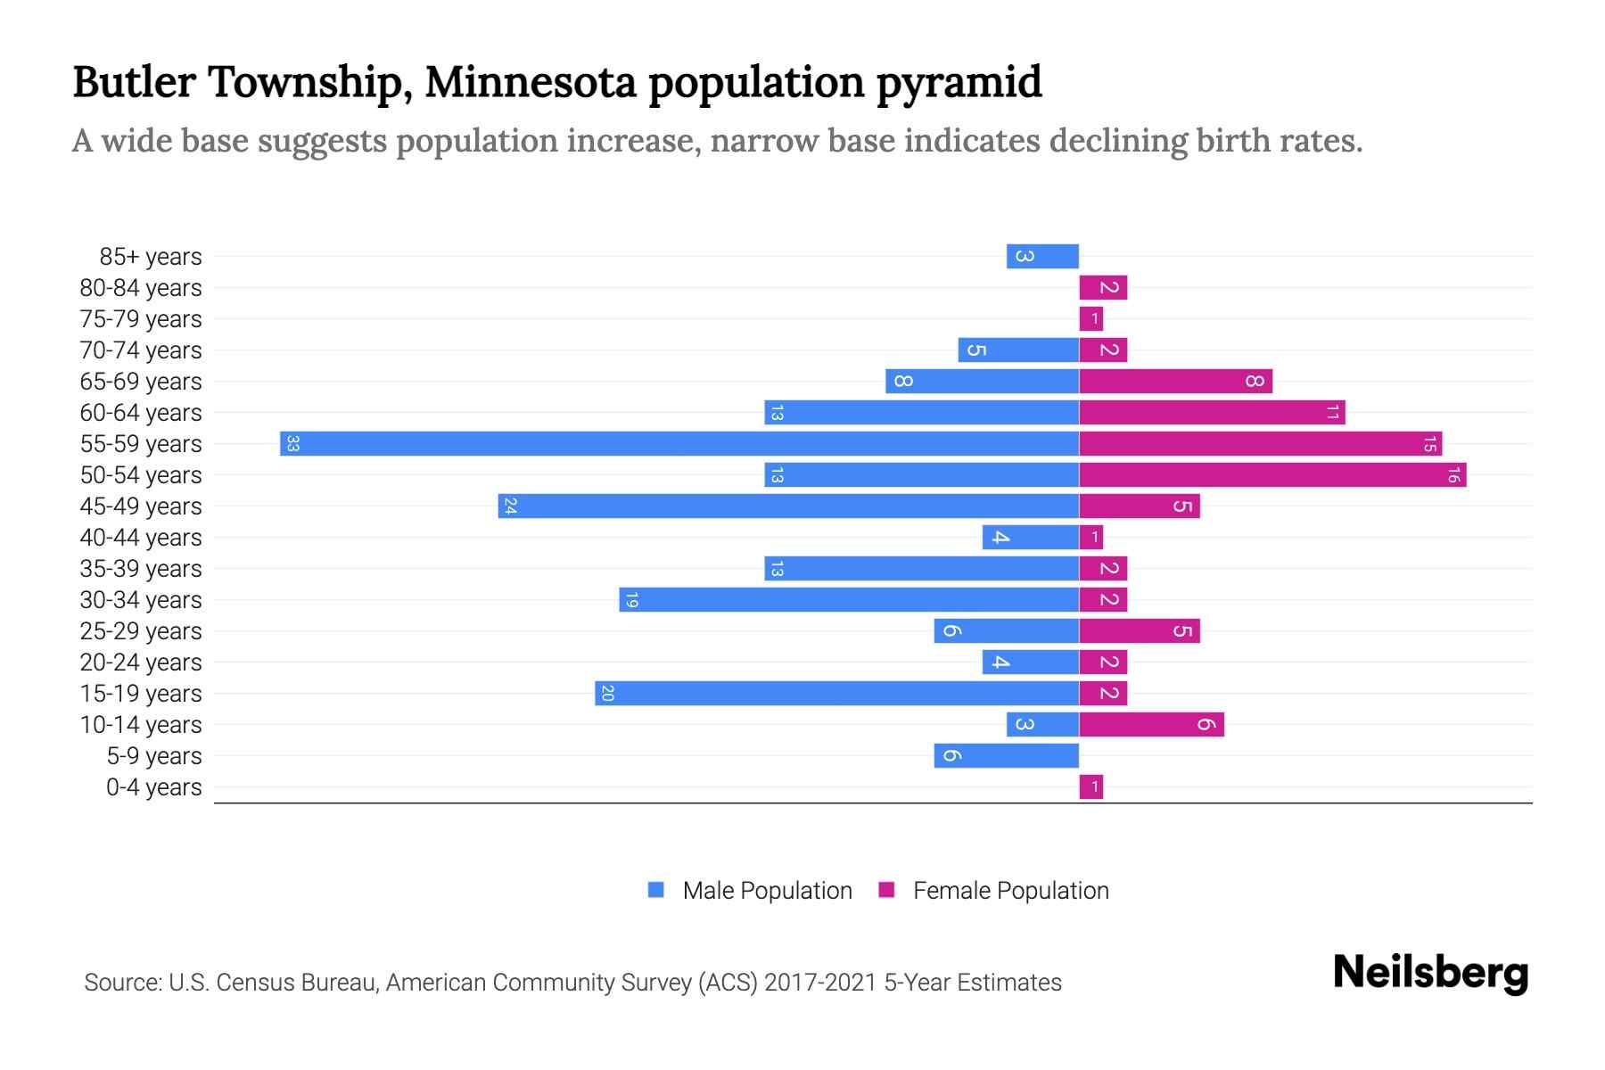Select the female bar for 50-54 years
click(x=1272, y=474)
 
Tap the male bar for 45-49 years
click(x=788, y=506)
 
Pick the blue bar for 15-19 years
click(x=836, y=693)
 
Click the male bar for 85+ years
click(x=1042, y=256)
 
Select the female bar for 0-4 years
click(x=1091, y=786)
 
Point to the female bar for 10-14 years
click(x=1151, y=724)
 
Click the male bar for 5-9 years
click(x=1006, y=755)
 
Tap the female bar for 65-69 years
click(x=1175, y=381)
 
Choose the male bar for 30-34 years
click(x=849, y=599)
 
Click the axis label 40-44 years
click(x=141, y=537)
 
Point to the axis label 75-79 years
click(x=141, y=318)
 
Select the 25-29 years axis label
click(x=141, y=630)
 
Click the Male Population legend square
click(x=656, y=890)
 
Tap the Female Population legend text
click(x=1010, y=890)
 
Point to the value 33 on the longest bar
click(x=292, y=443)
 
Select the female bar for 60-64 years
click(x=1212, y=412)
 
